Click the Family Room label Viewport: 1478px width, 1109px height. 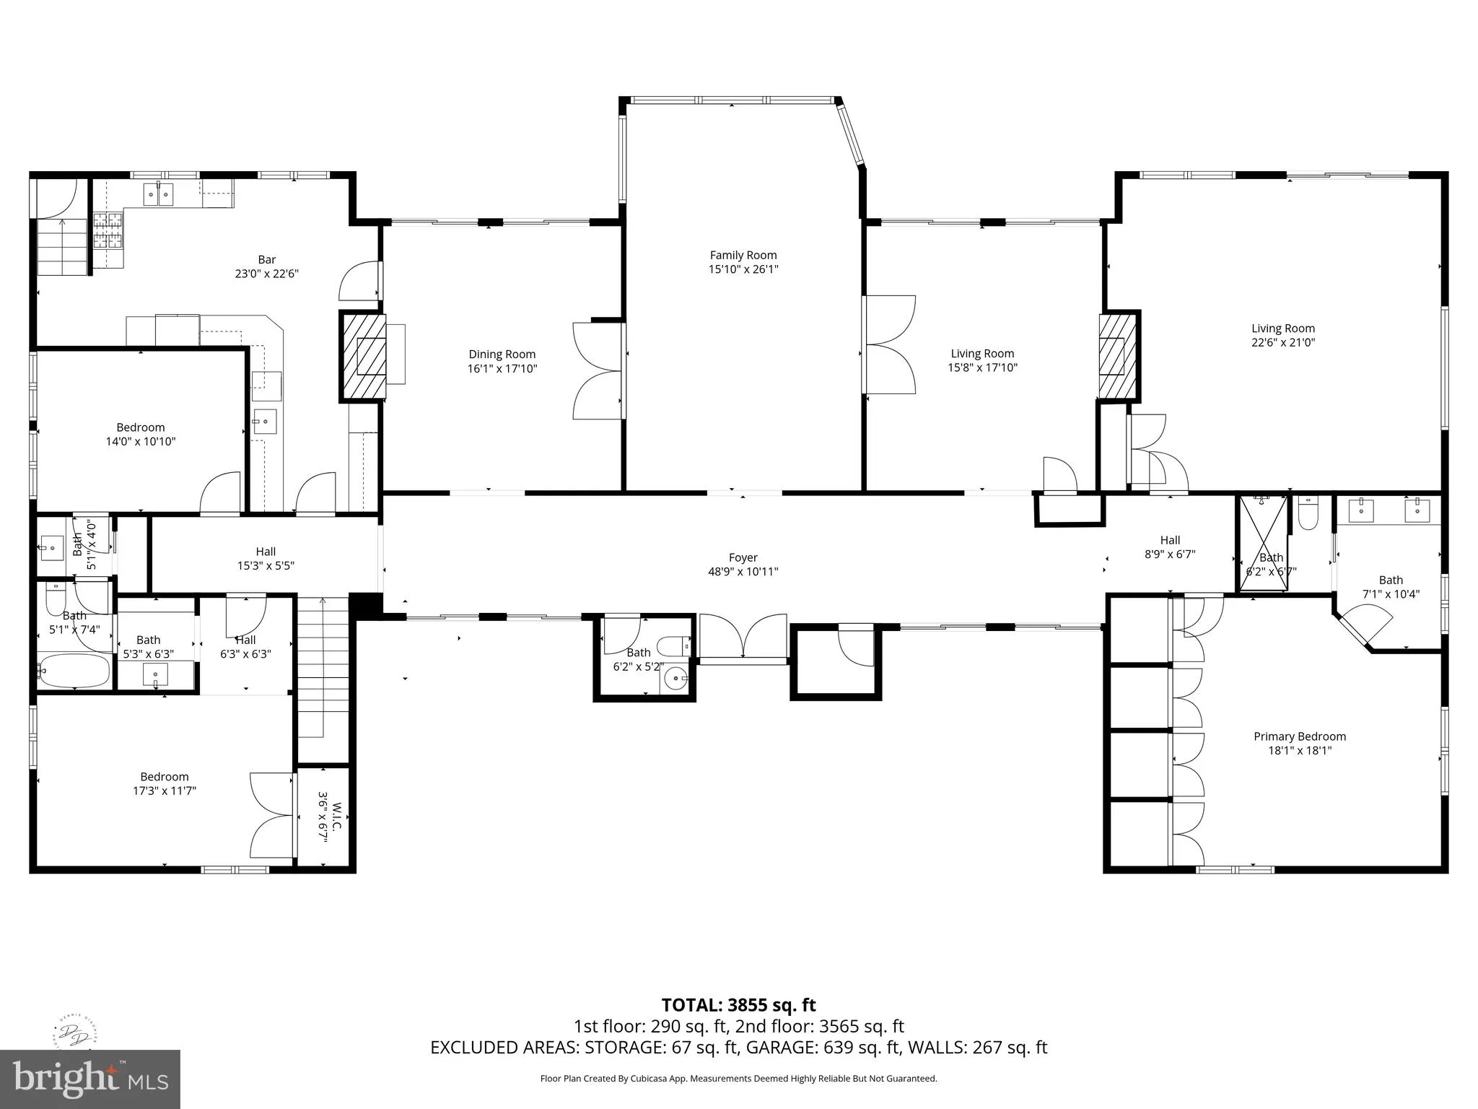pyautogui.click(x=743, y=255)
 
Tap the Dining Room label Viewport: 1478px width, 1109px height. pyautogui.click(x=502, y=354)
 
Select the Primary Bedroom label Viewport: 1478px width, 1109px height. pyautogui.click(x=1300, y=736)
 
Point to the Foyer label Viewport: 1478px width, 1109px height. pyautogui.click(x=743, y=557)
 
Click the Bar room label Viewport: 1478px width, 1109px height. pyautogui.click(x=267, y=259)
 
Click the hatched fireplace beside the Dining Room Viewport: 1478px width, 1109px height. pyautogui.click(x=363, y=357)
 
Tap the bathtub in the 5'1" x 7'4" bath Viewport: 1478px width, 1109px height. pyautogui.click(x=74, y=671)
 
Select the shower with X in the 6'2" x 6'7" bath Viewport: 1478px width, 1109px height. pyautogui.click(x=1263, y=543)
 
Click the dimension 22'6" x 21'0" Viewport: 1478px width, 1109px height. pyautogui.click(x=1283, y=342)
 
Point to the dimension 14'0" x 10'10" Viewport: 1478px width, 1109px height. pyautogui.click(x=141, y=441)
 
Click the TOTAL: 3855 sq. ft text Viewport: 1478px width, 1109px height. pyautogui.click(x=739, y=1005)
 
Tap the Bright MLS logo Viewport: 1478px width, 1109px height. pyautogui.click(x=90, y=1079)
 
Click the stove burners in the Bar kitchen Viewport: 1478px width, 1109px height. pyautogui.click(x=108, y=230)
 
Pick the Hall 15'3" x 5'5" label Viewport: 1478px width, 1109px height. pyautogui.click(x=266, y=558)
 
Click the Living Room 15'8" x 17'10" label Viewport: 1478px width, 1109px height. pyautogui.click(x=982, y=360)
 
